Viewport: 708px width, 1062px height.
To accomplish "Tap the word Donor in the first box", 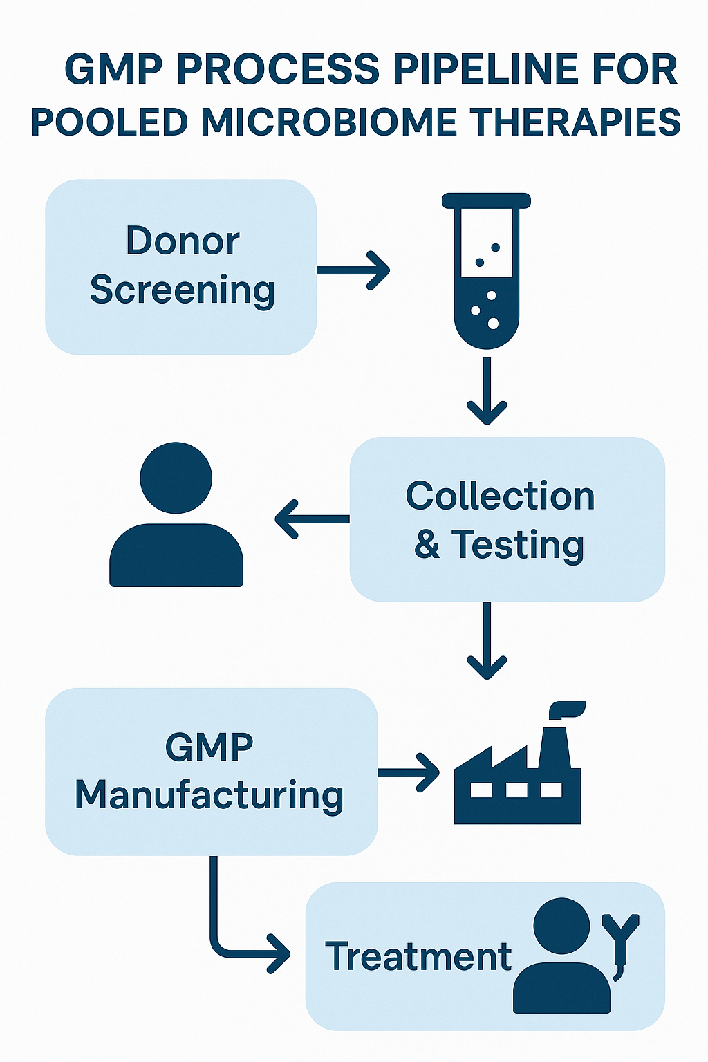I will point(183,241).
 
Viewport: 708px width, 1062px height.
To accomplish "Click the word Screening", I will point(183,290).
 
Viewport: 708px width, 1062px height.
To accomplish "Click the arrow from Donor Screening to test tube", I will point(353,270).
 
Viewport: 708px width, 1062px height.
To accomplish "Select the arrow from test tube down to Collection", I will point(487,391).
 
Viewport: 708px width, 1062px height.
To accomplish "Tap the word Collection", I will point(500,496).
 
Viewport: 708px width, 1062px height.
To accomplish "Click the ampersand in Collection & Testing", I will point(427,544).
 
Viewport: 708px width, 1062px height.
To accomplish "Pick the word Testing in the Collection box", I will point(518,544).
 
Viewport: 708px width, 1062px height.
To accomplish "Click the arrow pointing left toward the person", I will point(312,519).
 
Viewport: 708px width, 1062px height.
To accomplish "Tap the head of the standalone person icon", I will point(176,478).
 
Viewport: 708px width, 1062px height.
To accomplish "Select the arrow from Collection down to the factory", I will point(487,640).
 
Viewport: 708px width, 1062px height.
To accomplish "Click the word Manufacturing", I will point(209,795).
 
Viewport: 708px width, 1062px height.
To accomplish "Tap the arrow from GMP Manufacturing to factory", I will point(409,772).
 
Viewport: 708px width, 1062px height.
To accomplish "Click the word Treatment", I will point(418,957).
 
